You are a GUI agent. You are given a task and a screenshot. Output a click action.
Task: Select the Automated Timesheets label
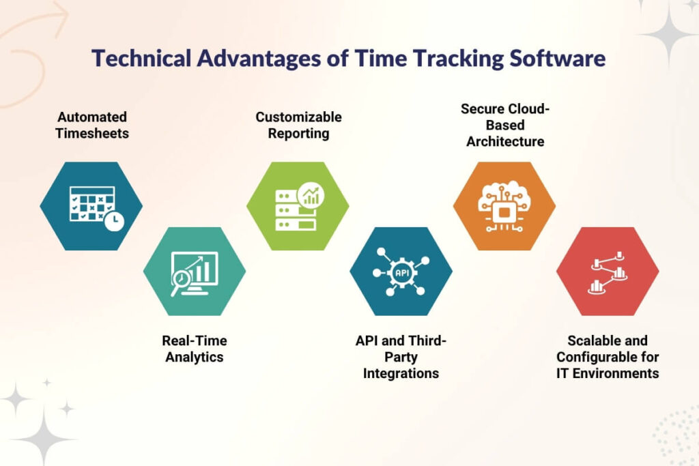point(91,125)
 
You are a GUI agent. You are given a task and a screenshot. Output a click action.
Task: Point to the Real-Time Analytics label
point(195,348)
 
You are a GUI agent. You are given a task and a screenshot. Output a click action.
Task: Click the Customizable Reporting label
point(298,125)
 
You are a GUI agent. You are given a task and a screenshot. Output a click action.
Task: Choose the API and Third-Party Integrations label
point(401,356)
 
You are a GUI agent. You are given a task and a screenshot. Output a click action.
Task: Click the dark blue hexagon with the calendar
point(91,205)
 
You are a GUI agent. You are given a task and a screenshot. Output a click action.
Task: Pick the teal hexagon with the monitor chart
point(195,272)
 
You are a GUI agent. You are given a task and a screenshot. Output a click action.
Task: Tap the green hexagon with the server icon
point(298,205)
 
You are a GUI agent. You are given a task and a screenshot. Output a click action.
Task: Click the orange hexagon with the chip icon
point(504,205)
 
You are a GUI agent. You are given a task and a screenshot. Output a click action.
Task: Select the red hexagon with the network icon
point(608,272)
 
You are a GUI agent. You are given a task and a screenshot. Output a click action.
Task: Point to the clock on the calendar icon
point(114,219)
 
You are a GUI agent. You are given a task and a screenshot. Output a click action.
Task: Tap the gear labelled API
point(401,272)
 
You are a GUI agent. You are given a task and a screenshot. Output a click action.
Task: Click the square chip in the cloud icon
point(504,213)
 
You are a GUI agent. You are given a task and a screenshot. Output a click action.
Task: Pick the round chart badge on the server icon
point(311,196)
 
